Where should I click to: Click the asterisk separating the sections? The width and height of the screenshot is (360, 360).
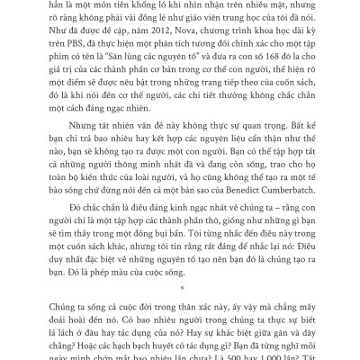click(x=180, y=292)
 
